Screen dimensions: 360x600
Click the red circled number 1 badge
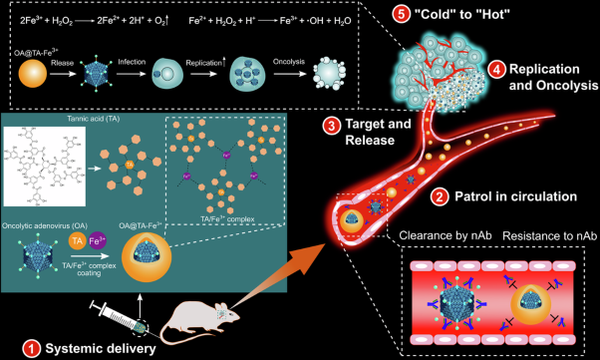[33, 348]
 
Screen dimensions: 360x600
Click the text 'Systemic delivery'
[101, 348]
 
